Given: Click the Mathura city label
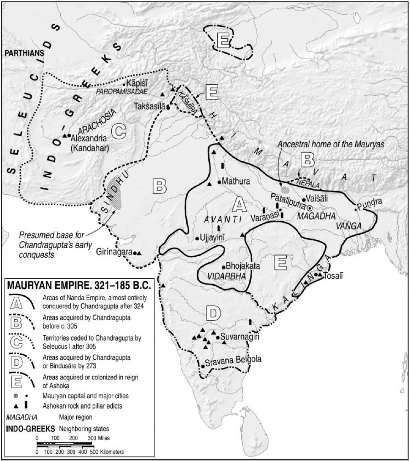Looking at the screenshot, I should tap(237, 181).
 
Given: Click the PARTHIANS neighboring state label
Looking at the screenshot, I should tap(24, 53).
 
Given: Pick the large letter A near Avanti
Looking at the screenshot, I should tap(239, 206).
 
